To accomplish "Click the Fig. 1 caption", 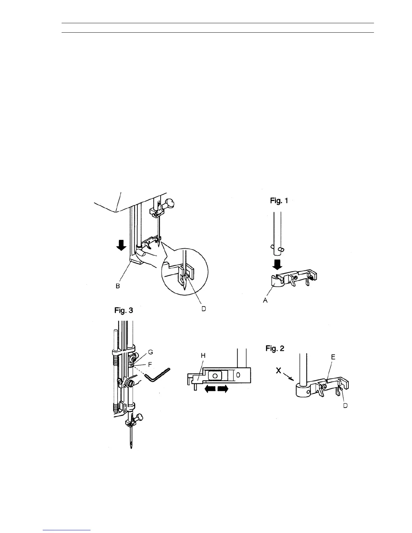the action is (x=279, y=201).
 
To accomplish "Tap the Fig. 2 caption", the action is (x=275, y=349).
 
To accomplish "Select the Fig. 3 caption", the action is (x=124, y=310).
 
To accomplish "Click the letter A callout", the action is (x=265, y=300).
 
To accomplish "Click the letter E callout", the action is (x=333, y=357).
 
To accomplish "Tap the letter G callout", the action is (x=150, y=352).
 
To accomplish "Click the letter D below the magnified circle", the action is (x=204, y=309).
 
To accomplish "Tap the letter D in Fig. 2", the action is (x=345, y=406).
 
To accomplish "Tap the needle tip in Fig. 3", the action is (x=131, y=448).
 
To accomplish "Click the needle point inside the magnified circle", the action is (x=184, y=289).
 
